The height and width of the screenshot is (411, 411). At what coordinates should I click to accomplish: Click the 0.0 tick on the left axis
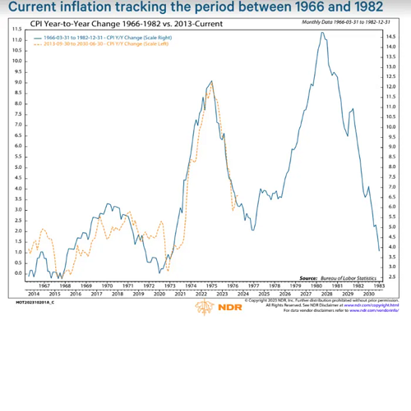pyautogui.click(x=16, y=284)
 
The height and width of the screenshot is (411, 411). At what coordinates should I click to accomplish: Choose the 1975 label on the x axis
pyautogui.click(x=210, y=285)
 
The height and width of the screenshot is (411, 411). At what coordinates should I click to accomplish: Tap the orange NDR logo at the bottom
pyautogui.click(x=205, y=308)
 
